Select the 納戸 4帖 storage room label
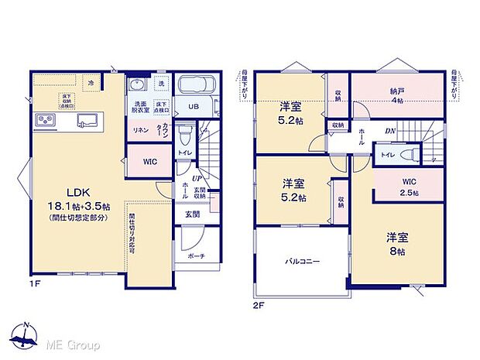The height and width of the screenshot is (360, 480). point(396,94)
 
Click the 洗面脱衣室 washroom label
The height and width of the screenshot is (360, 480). point(141,108)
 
